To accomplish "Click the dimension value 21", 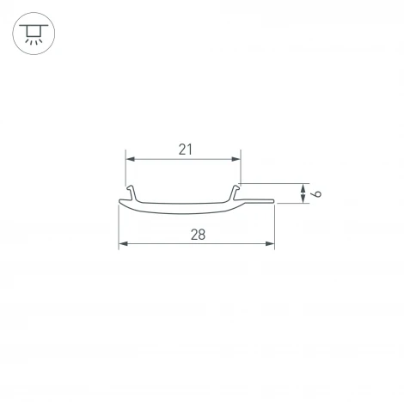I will (185, 149).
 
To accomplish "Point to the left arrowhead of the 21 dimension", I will (131, 159).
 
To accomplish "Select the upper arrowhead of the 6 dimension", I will (303, 187).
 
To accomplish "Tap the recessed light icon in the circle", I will (33, 34).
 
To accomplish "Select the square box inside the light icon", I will (33, 31).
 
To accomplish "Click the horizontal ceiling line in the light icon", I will (33, 26).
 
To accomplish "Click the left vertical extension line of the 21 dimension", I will (125, 170).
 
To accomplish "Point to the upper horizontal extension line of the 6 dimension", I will (273, 182).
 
